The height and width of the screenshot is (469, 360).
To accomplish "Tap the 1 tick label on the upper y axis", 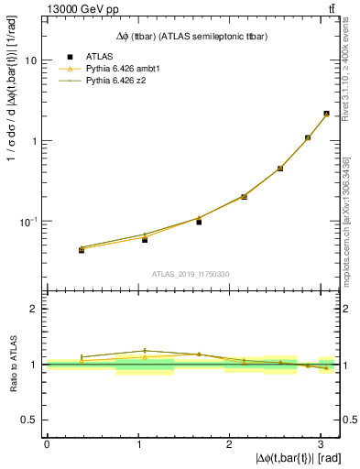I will click(x=36, y=141).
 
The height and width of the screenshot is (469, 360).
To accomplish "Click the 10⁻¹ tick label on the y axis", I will click(x=31, y=222).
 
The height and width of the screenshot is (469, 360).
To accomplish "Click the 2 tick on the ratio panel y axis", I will click(x=36, y=310).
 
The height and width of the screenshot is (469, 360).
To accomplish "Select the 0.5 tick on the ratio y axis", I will click(x=32, y=420).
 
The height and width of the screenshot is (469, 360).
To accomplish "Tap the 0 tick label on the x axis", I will click(x=47, y=443).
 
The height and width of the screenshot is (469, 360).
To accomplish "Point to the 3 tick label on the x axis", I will click(x=320, y=443).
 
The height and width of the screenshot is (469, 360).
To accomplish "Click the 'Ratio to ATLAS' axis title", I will click(x=11, y=365).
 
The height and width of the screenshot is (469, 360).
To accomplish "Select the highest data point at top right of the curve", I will click(x=326, y=114).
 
